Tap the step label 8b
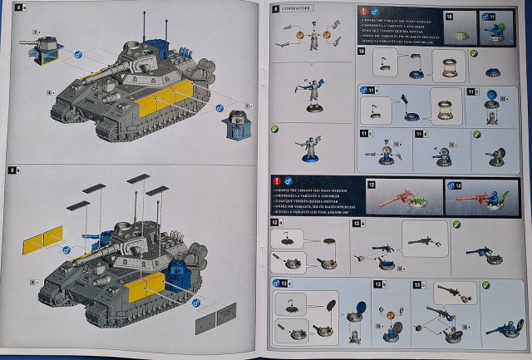click(x=12, y=170)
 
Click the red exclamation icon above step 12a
click(x=276, y=181)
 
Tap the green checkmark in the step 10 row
click(x=472, y=54)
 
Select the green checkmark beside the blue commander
click(x=275, y=130)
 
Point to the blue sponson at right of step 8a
click(x=234, y=126)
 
